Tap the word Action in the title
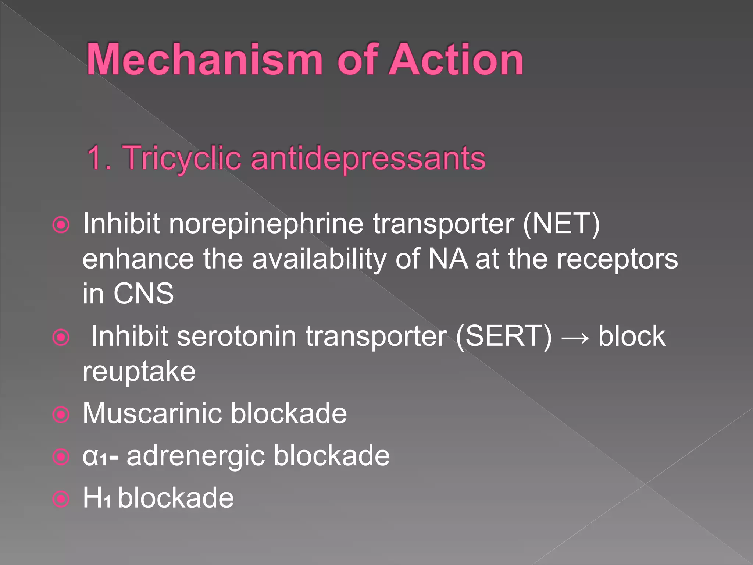[x=456, y=60]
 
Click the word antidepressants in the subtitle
[x=368, y=158]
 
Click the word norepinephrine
[x=266, y=224]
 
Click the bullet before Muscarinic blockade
[x=61, y=415]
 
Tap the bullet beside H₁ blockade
[x=61, y=499]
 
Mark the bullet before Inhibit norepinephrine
[x=61, y=225]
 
